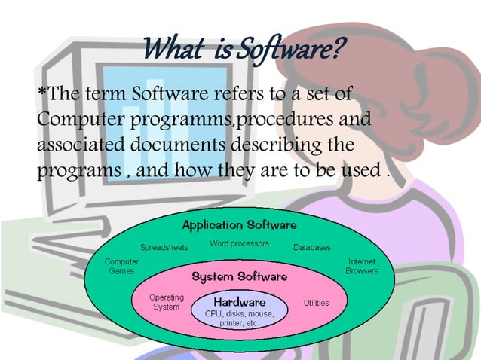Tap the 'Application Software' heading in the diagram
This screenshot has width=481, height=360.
tap(239, 225)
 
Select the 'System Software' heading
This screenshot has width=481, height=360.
tap(239, 276)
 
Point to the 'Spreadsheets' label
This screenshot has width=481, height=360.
tap(164, 246)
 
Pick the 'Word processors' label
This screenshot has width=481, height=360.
tap(239, 243)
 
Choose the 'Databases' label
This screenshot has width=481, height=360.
tap(311, 247)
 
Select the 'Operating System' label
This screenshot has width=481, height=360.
tap(167, 302)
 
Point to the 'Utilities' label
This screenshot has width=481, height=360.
tap(316, 303)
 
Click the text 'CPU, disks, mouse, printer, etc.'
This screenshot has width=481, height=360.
tap(239, 318)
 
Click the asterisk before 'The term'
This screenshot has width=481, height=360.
tap(41, 93)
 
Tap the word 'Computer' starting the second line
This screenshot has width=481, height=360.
tap(72, 120)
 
